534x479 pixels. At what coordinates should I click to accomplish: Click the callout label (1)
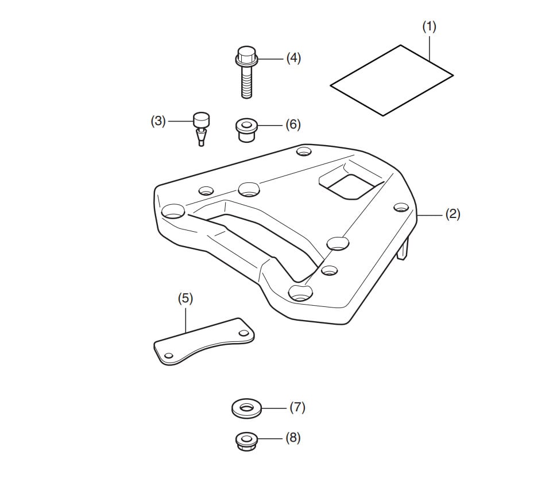tap(429, 27)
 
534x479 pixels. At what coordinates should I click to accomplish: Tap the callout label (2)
tap(453, 215)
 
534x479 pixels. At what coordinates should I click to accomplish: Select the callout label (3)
tap(158, 121)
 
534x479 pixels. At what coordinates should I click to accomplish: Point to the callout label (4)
tap(293, 58)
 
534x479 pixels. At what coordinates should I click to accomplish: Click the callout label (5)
tap(185, 299)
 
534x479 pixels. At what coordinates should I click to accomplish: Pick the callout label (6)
tap(293, 124)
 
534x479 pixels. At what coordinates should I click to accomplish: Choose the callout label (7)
tap(297, 407)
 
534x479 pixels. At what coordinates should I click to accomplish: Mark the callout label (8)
tap(293, 438)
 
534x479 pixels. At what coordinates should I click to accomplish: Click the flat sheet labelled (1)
tap(392, 80)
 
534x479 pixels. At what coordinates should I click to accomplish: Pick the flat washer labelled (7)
tap(247, 409)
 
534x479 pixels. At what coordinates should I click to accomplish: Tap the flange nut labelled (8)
tap(246, 441)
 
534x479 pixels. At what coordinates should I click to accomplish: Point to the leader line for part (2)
tap(431, 215)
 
